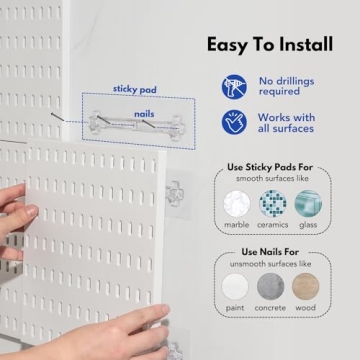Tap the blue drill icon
coord(235,86)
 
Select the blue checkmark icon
coord(235,122)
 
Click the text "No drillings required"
coord(290,86)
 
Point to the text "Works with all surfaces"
coord(290,122)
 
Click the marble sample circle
coord(236,203)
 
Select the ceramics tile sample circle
coord(272,203)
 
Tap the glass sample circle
coord(308,203)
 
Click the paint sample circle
coord(236,286)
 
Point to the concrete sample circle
coord(272,286)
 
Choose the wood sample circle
coord(306,286)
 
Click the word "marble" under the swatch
coord(236,226)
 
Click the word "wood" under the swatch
coord(306,308)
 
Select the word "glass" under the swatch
coord(308,226)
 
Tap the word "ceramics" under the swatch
coord(272,226)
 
